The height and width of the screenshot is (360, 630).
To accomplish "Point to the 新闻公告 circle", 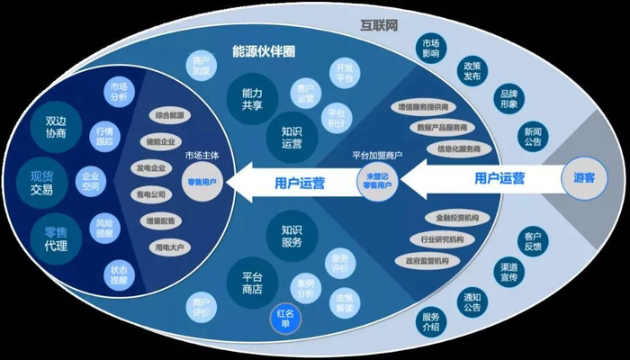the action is (x=531, y=136).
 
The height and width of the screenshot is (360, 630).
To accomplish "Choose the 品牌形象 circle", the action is (x=508, y=99).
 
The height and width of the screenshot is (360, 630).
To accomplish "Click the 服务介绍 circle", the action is (x=431, y=321).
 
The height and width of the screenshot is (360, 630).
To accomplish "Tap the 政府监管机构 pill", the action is (x=429, y=261).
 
